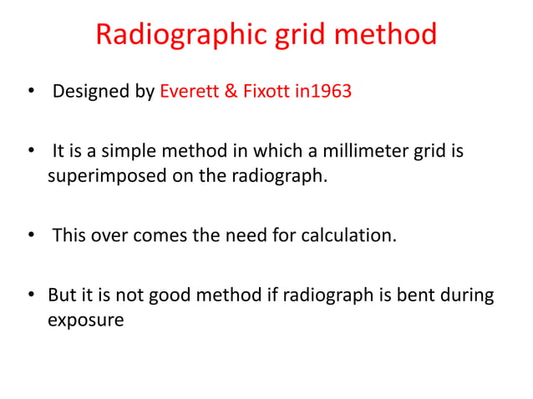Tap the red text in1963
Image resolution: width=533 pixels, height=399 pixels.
[323, 91]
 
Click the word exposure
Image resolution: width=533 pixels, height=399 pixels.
[86, 321]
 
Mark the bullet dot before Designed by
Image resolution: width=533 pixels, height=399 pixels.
[31, 92]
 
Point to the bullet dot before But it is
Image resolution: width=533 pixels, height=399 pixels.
[31, 297]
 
